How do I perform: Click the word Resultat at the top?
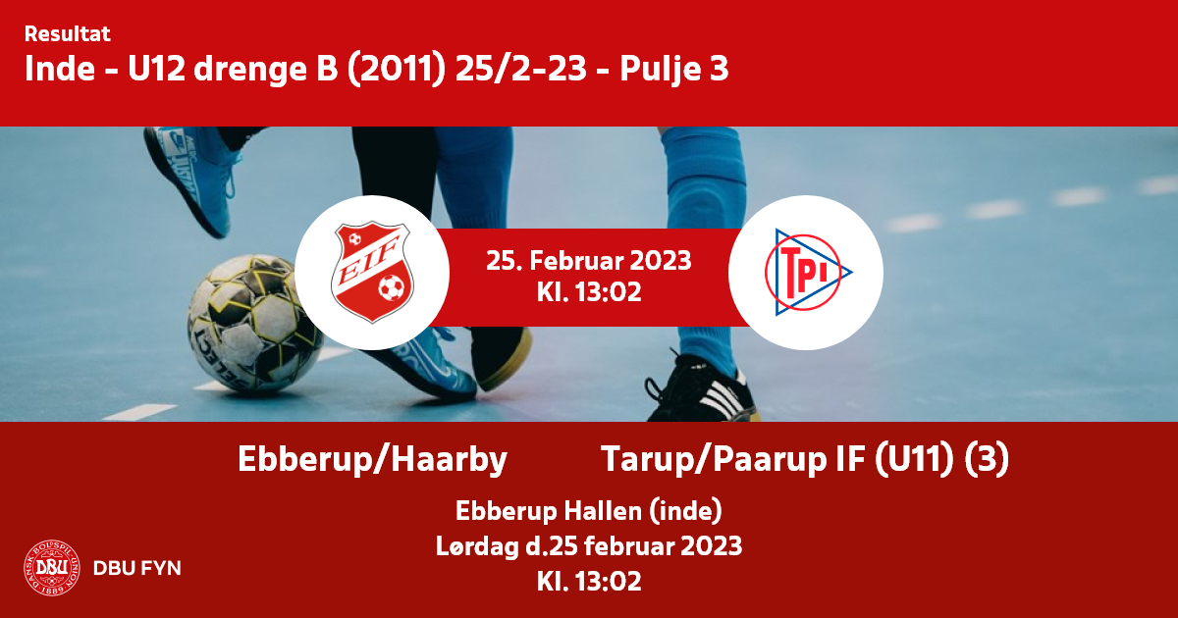coord(68,34)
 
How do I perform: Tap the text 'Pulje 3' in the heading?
coord(673,69)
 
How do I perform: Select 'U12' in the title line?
coord(157,69)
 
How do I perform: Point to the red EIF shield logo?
coord(372,273)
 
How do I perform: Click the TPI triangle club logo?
coord(807,273)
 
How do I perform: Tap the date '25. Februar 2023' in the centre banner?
coord(588,261)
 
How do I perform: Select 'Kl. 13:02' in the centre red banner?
coord(589,292)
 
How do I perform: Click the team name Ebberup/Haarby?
coord(372,459)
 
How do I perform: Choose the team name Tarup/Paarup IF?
coord(734,459)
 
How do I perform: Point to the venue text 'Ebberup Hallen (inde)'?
coord(588,511)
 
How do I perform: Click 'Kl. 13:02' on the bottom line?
coord(589,582)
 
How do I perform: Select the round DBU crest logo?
coord(52,568)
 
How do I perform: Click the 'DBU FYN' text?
coord(137,568)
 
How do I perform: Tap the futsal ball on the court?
coord(254,323)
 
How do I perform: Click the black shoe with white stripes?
coord(702,388)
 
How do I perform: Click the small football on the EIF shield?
coord(392,287)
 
